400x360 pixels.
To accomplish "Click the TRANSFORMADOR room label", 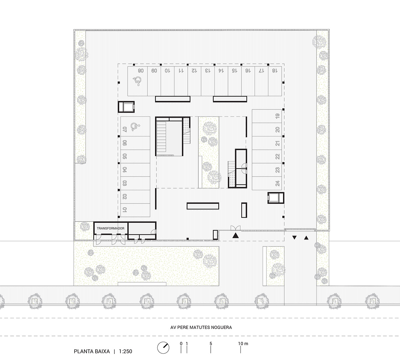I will pos(110,229).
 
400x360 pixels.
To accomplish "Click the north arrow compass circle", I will pos(163,347).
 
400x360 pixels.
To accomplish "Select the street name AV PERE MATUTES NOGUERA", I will pos(201,327).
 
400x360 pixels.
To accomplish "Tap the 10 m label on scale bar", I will pos(243,343).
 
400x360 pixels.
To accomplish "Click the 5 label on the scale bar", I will pos(211,343).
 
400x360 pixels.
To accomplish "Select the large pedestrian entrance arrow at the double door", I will pos(236,236).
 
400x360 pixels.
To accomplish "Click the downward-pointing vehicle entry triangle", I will pos(294,238).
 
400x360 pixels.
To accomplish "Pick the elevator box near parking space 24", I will pos(276,198).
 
